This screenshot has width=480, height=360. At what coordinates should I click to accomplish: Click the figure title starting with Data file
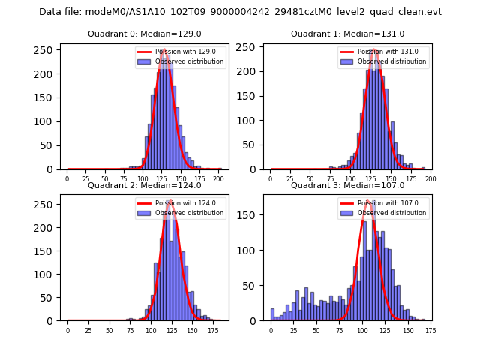point(240,12)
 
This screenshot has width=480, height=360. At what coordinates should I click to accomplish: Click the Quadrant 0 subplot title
point(145,34)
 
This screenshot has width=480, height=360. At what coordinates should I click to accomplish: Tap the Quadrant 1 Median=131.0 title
point(347,34)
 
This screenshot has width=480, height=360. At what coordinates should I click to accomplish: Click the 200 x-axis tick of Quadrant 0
point(218,179)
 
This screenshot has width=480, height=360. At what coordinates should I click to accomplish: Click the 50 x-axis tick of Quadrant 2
point(109,330)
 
